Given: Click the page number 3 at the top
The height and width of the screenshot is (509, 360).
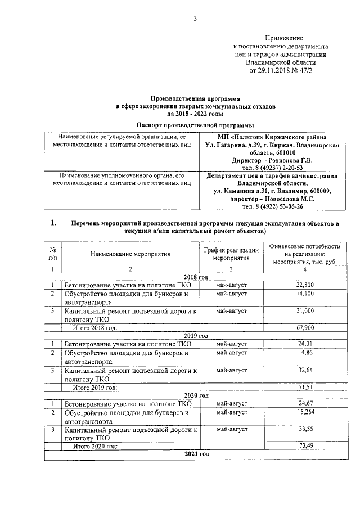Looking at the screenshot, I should [195, 18].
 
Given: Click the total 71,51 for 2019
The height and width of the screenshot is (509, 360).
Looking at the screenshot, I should [305, 388].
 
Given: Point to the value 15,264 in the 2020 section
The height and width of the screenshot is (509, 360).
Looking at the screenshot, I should [305, 413].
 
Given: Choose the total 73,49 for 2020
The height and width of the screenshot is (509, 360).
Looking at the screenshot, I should [305, 446].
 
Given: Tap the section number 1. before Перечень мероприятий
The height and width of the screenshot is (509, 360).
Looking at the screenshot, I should [54, 223].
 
